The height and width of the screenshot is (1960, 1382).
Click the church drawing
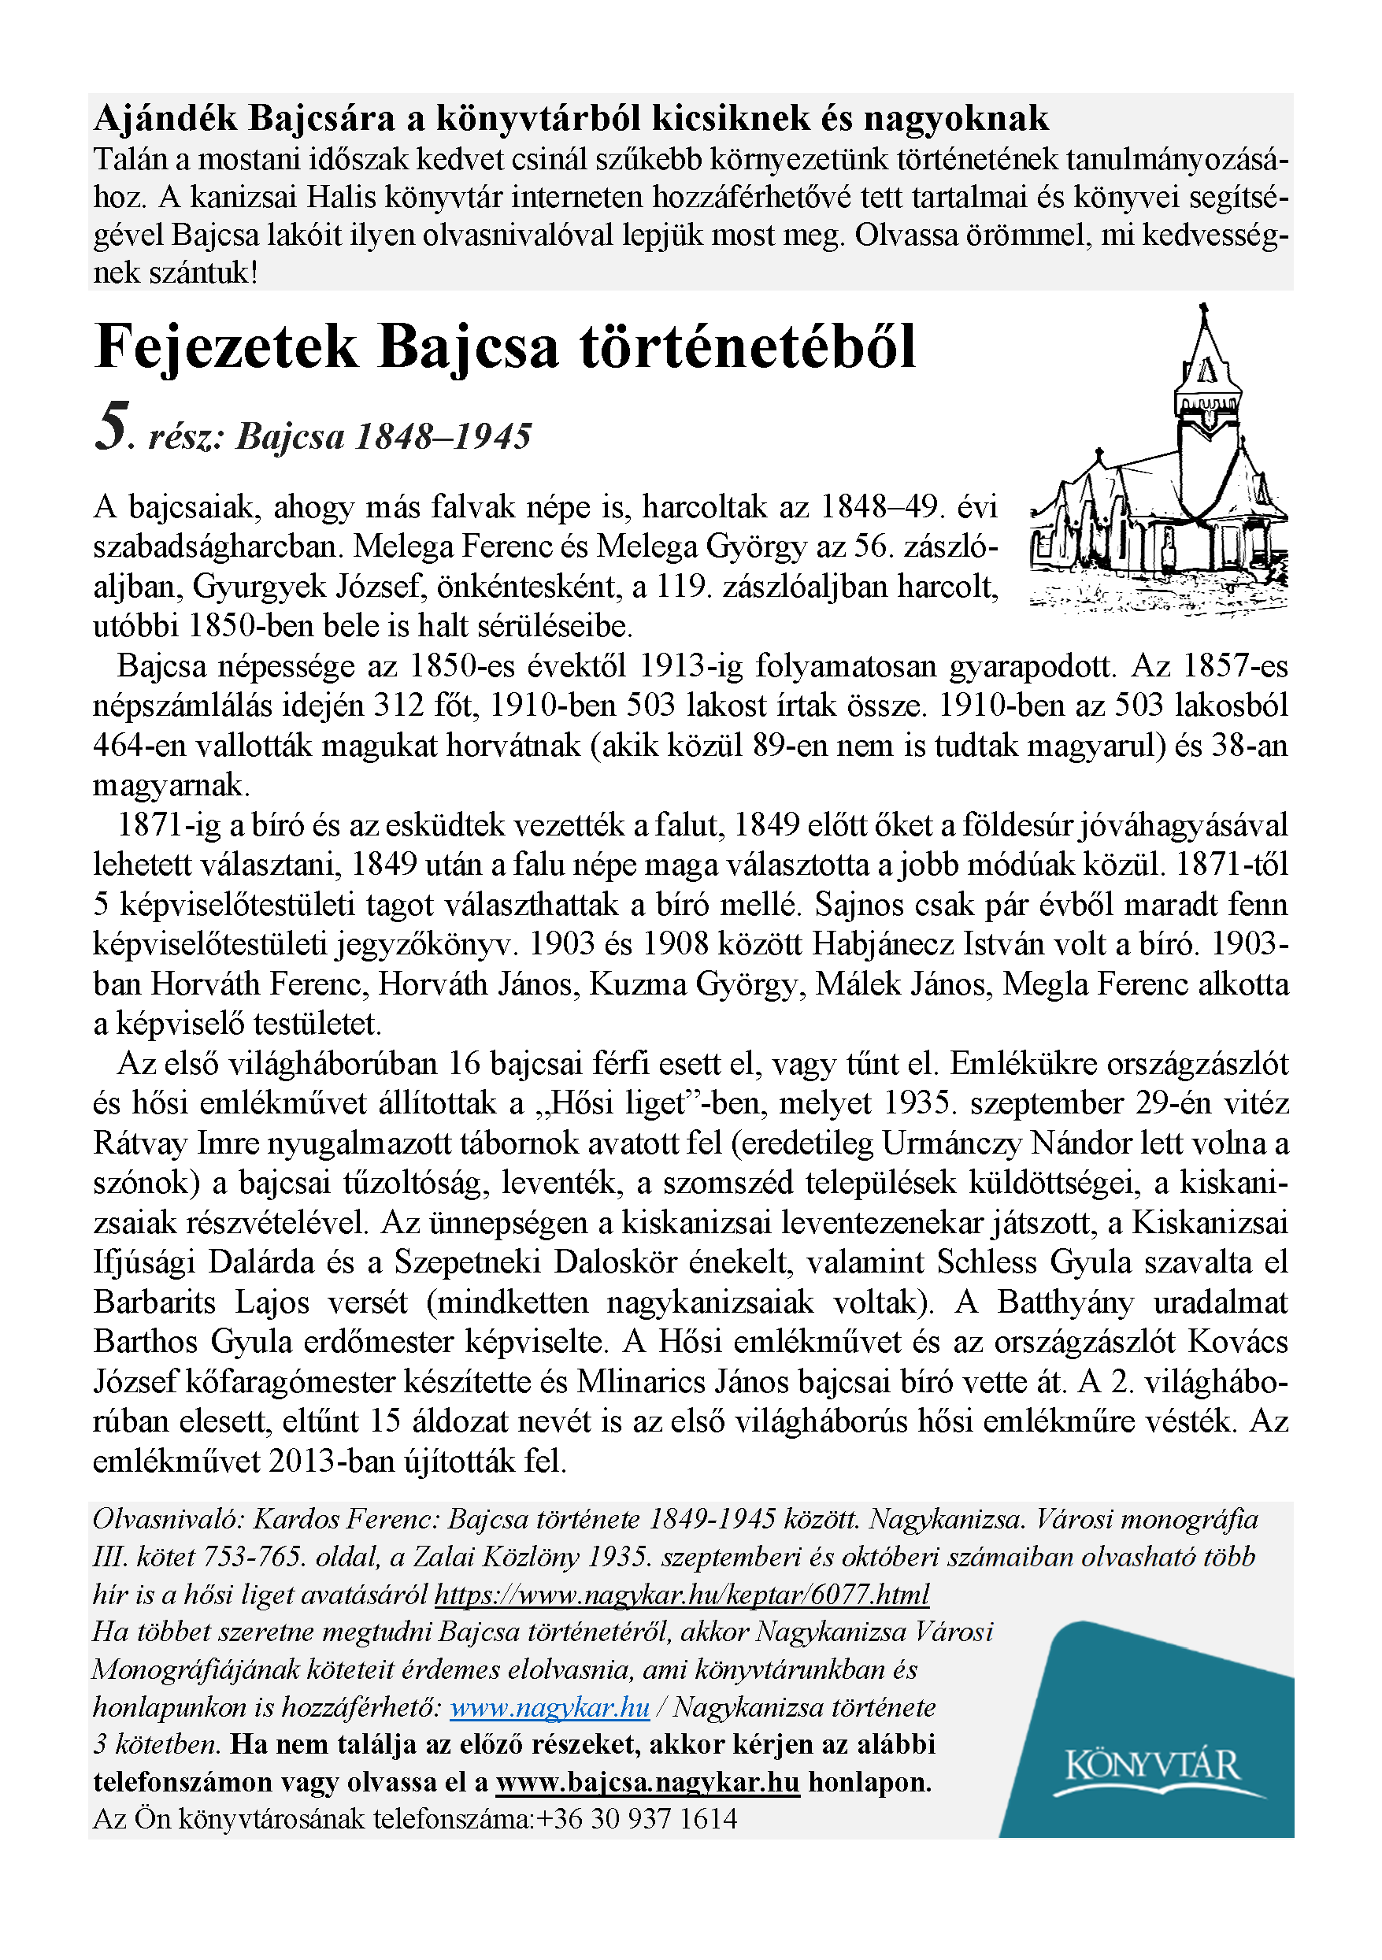[x=1158, y=465]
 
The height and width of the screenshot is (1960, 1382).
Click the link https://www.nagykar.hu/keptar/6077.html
[x=681, y=1594]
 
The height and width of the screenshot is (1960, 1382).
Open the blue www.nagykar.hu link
[x=549, y=1706]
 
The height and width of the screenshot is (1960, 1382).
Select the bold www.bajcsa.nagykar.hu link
[x=648, y=1781]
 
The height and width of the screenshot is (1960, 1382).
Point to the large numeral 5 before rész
[x=113, y=427]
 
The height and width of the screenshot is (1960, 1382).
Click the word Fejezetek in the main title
[x=226, y=347]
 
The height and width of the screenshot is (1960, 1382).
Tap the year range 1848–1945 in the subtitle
[x=443, y=436]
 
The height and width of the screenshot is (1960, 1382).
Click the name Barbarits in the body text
[x=155, y=1302]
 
